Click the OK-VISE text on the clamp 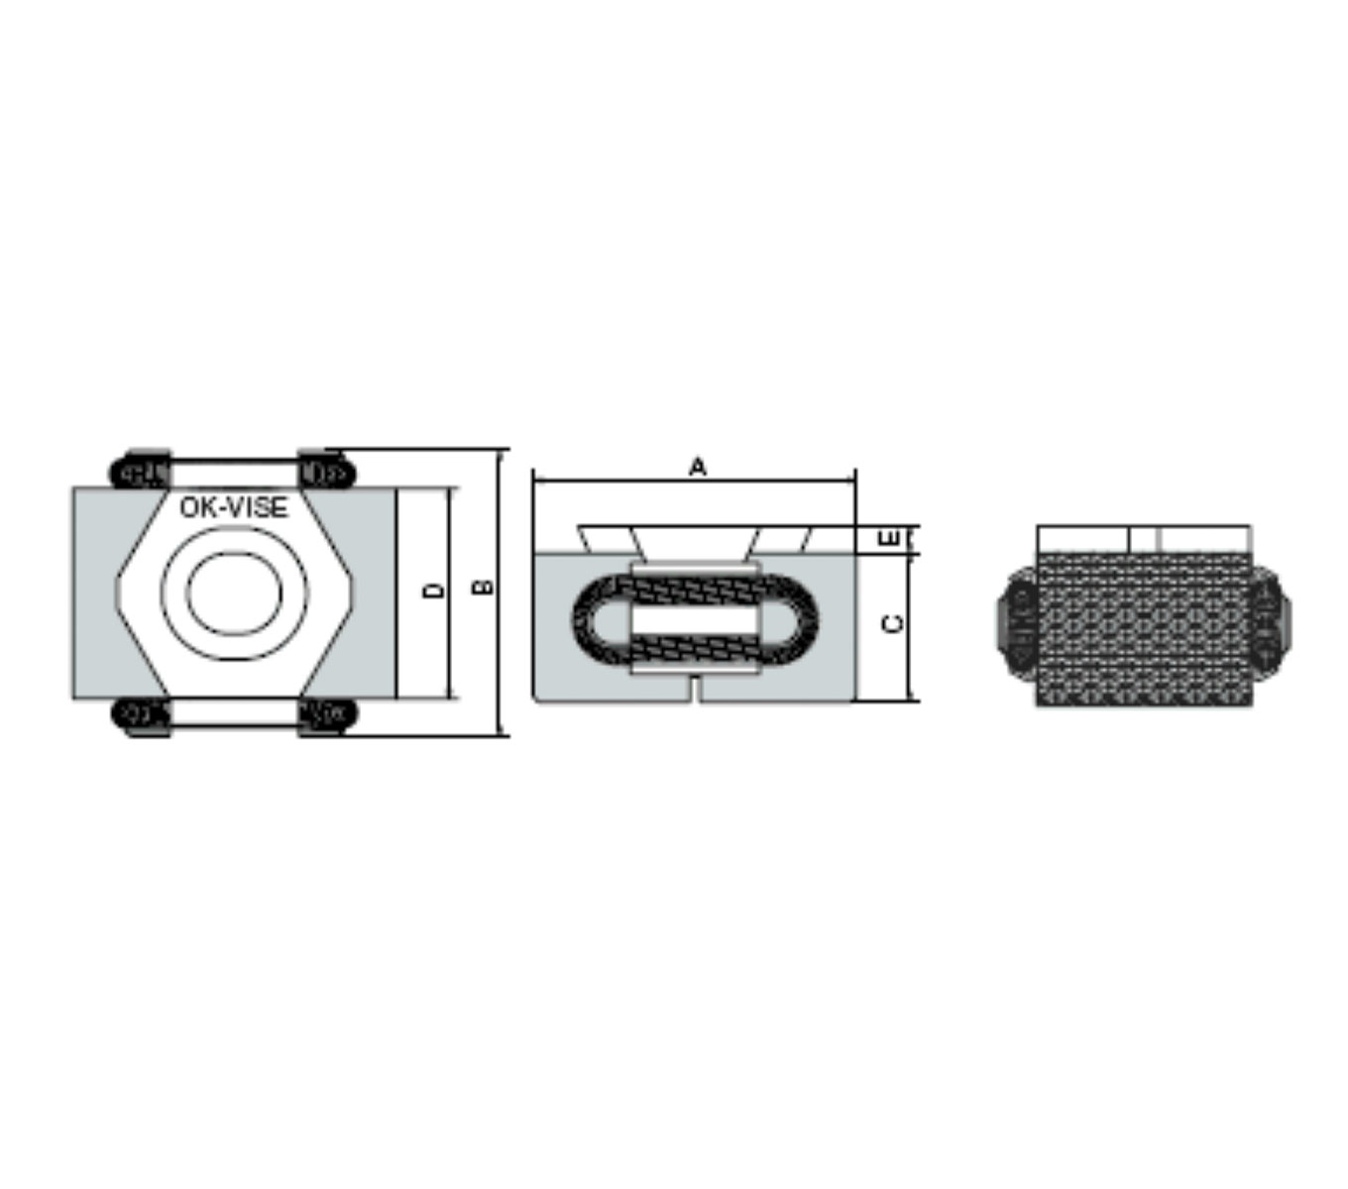click(x=233, y=507)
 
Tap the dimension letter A click(x=697, y=467)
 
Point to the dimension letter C click(x=892, y=623)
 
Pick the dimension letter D click(x=434, y=591)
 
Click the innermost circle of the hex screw click(x=234, y=594)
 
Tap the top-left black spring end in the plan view click(x=140, y=471)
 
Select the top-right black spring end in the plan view click(x=326, y=471)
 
